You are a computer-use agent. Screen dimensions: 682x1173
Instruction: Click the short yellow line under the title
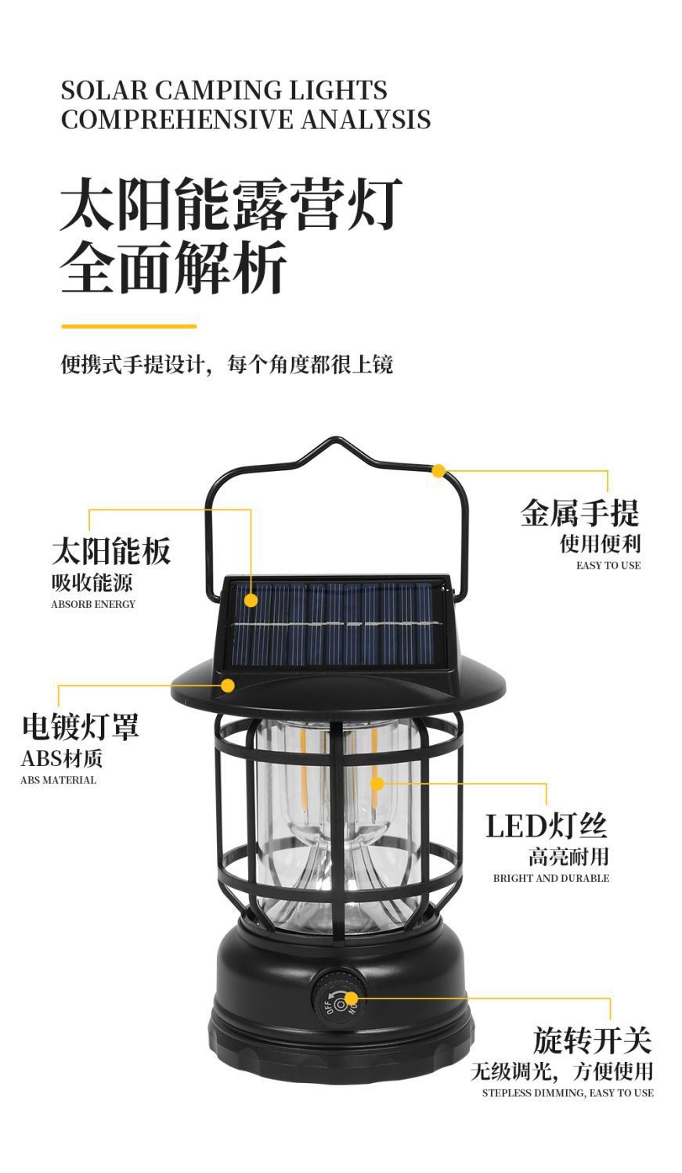tap(128, 326)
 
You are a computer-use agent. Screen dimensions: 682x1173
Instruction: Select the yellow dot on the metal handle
tap(439, 470)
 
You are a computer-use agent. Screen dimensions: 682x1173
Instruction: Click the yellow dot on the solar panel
tap(251, 600)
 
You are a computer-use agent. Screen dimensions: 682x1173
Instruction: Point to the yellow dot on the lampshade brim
tap(228, 685)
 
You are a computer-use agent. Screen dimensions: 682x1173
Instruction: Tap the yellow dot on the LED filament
tap(377, 783)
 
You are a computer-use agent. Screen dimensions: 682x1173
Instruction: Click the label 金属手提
tap(579, 513)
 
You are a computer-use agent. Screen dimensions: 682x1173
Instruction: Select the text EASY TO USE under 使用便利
tap(608, 566)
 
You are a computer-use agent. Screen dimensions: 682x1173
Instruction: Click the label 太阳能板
tap(110, 551)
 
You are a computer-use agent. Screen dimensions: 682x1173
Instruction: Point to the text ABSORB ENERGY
tap(93, 604)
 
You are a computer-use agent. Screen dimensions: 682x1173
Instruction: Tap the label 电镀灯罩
tap(80, 726)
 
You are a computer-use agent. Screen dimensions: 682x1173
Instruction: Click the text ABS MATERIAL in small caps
tap(59, 780)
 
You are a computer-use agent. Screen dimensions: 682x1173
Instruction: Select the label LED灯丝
tap(546, 826)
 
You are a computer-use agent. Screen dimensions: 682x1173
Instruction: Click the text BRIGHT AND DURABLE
tap(550, 878)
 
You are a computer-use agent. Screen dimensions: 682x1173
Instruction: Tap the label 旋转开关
tap(592, 1040)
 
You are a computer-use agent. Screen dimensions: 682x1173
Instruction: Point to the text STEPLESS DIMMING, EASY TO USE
tap(567, 1092)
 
